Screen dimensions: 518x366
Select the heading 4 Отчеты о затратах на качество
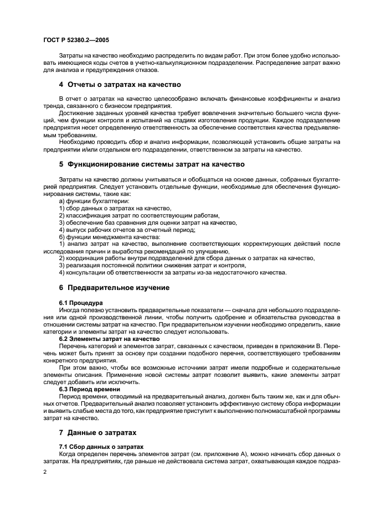120,84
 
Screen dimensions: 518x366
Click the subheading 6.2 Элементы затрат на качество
109,339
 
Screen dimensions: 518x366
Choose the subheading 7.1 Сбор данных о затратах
101,446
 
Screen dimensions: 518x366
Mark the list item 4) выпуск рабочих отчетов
127,230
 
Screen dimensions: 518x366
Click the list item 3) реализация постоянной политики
152,266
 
